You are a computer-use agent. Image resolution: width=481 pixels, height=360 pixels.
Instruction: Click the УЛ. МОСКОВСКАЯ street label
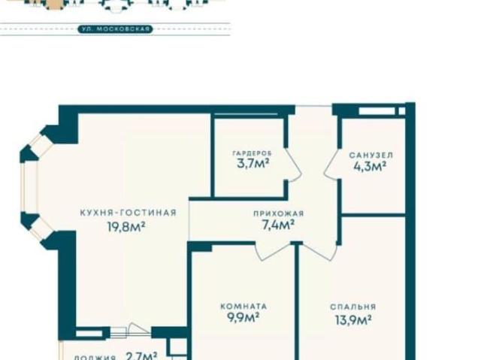pos(115,29)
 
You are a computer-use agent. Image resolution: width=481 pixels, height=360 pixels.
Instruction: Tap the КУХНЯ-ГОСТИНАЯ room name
pos(129,213)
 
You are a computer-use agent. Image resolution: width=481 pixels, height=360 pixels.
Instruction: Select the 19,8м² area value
pos(126,227)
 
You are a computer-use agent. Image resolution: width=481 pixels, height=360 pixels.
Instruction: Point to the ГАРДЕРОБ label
pos(253,153)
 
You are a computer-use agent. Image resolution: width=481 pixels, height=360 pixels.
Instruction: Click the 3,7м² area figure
pos(253,163)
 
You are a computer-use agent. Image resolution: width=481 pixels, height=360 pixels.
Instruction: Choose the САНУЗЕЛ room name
pos(371,155)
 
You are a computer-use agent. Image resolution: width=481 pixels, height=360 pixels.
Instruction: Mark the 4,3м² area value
pos(370,167)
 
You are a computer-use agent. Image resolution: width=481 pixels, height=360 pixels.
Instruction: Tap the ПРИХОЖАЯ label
pos(279,213)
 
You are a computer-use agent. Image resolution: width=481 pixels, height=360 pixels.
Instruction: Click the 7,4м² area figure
pos(277,225)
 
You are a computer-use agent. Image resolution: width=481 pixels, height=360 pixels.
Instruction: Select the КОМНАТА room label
pos(244,306)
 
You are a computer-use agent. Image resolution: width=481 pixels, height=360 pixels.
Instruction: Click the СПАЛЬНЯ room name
pos(353,307)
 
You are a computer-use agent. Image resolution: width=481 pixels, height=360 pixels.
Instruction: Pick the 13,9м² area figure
pos(353,320)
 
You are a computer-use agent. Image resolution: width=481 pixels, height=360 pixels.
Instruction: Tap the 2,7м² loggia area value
pos(141,355)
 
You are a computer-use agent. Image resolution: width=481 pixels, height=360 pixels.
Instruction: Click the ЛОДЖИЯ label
pos(95,358)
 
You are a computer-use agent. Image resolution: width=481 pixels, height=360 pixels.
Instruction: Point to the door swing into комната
pos(273,252)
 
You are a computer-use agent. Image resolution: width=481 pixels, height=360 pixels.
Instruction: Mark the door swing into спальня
pos(319,252)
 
